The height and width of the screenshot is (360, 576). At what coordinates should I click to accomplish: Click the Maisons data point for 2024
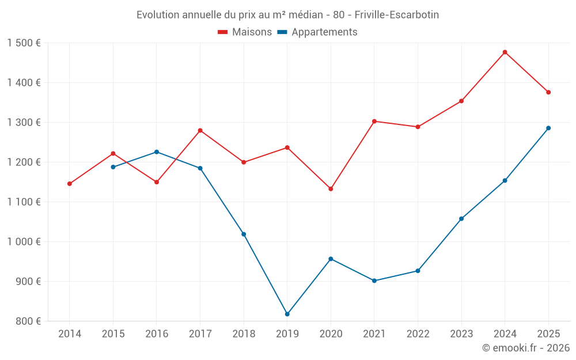pyautogui.click(x=505, y=52)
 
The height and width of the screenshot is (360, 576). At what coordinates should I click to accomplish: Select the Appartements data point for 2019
pyautogui.click(x=287, y=314)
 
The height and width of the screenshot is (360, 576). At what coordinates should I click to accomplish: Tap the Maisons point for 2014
pyautogui.click(x=70, y=184)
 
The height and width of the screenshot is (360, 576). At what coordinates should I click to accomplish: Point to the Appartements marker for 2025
pyautogui.click(x=548, y=128)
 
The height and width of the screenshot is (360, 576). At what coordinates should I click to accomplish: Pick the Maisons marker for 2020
pyautogui.click(x=331, y=189)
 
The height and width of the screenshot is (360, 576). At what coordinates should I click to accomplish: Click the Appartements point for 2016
pyautogui.click(x=157, y=152)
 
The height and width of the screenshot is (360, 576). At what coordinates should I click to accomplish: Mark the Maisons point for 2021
pyautogui.click(x=374, y=122)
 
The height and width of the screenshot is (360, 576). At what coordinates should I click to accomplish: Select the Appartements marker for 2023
pyautogui.click(x=461, y=219)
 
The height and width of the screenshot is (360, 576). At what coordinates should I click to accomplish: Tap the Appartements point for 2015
pyautogui.click(x=113, y=167)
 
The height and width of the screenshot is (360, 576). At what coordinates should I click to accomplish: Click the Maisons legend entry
pyautogui.click(x=245, y=32)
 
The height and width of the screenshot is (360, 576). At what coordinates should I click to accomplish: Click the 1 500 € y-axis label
pyautogui.click(x=24, y=43)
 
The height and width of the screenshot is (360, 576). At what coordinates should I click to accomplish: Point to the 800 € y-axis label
pyautogui.click(x=28, y=321)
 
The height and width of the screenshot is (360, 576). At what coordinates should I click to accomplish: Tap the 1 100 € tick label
pyautogui.click(x=24, y=202)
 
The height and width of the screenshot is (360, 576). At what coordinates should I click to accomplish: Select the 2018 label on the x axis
pyautogui.click(x=244, y=334)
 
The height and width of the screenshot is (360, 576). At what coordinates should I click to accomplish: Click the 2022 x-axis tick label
pyautogui.click(x=418, y=334)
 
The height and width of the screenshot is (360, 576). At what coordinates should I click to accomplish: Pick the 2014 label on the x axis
pyautogui.click(x=70, y=334)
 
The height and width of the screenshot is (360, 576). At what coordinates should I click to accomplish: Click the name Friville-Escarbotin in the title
pyautogui.click(x=398, y=15)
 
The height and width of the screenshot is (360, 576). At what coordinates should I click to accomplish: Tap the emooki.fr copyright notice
pyautogui.click(x=525, y=348)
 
